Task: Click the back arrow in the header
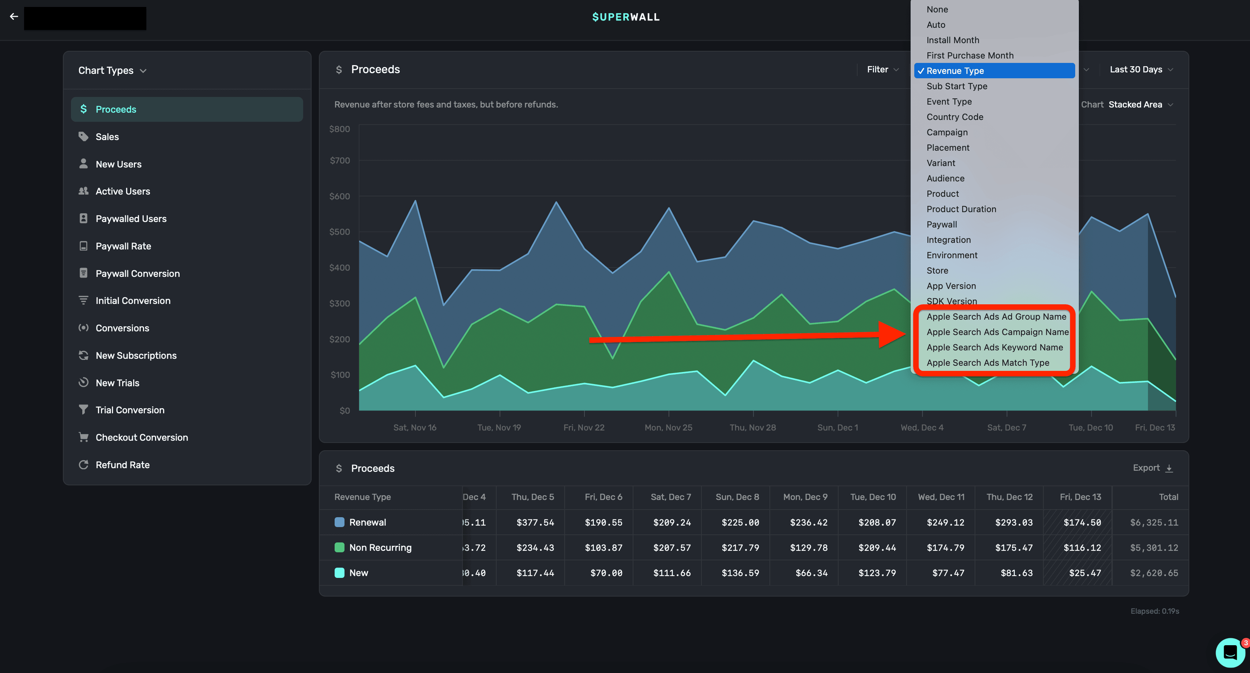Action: click(14, 16)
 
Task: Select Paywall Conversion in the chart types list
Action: click(138, 274)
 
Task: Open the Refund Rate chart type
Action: click(122, 465)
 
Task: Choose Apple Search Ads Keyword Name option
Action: click(994, 347)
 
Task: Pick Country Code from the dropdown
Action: click(955, 117)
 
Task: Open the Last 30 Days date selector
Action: click(1140, 69)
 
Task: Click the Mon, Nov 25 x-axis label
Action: click(668, 428)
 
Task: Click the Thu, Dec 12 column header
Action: click(1009, 497)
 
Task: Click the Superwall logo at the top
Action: click(625, 17)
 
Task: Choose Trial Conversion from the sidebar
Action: click(129, 410)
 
